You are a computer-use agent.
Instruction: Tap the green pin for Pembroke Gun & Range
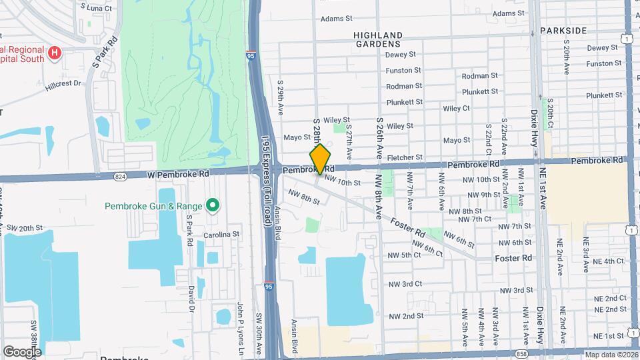click(x=213, y=205)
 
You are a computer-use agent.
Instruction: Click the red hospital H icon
click(x=55, y=52)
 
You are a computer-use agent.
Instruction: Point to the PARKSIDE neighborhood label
click(x=563, y=31)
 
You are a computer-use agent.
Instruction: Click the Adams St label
click(x=335, y=19)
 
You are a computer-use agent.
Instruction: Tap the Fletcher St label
click(x=405, y=157)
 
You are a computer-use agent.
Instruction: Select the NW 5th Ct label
click(x=405, y=255)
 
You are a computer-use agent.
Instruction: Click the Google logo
click(x=22, y=351)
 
